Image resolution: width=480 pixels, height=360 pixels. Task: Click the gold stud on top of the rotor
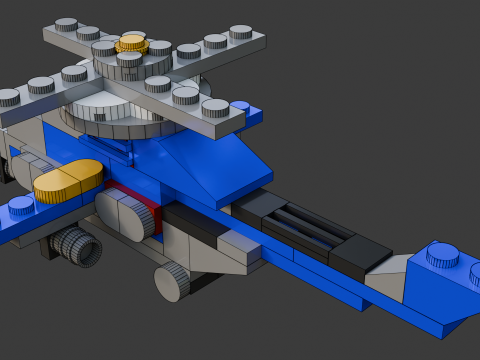click(133, 43)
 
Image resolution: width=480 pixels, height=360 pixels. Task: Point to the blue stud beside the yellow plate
click(21, 207)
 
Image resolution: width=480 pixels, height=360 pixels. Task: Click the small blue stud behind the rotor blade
click(239, 106)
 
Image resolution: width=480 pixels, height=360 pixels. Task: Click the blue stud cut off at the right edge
click(474, 271)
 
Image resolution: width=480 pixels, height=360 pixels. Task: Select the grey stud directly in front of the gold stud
click(129, 60)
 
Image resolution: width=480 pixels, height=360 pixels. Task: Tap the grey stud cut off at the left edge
click(8, 97)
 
